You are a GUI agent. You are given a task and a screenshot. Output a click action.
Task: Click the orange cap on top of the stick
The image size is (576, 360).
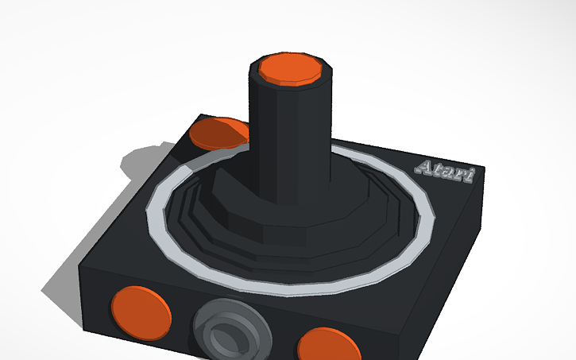coord(292,68)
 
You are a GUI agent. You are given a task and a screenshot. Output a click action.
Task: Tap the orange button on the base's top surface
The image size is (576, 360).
coord(218,133)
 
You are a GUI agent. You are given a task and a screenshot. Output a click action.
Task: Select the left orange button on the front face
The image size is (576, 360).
coord(141,311)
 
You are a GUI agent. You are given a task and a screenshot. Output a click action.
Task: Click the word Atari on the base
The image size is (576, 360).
coord(445,171)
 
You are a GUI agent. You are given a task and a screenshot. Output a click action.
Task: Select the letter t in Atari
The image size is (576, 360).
coord(439,169)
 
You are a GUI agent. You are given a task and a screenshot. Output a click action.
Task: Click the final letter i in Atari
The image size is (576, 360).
coord(469,175)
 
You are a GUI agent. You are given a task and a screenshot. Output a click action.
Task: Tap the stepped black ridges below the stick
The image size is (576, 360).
coord(199,215)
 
